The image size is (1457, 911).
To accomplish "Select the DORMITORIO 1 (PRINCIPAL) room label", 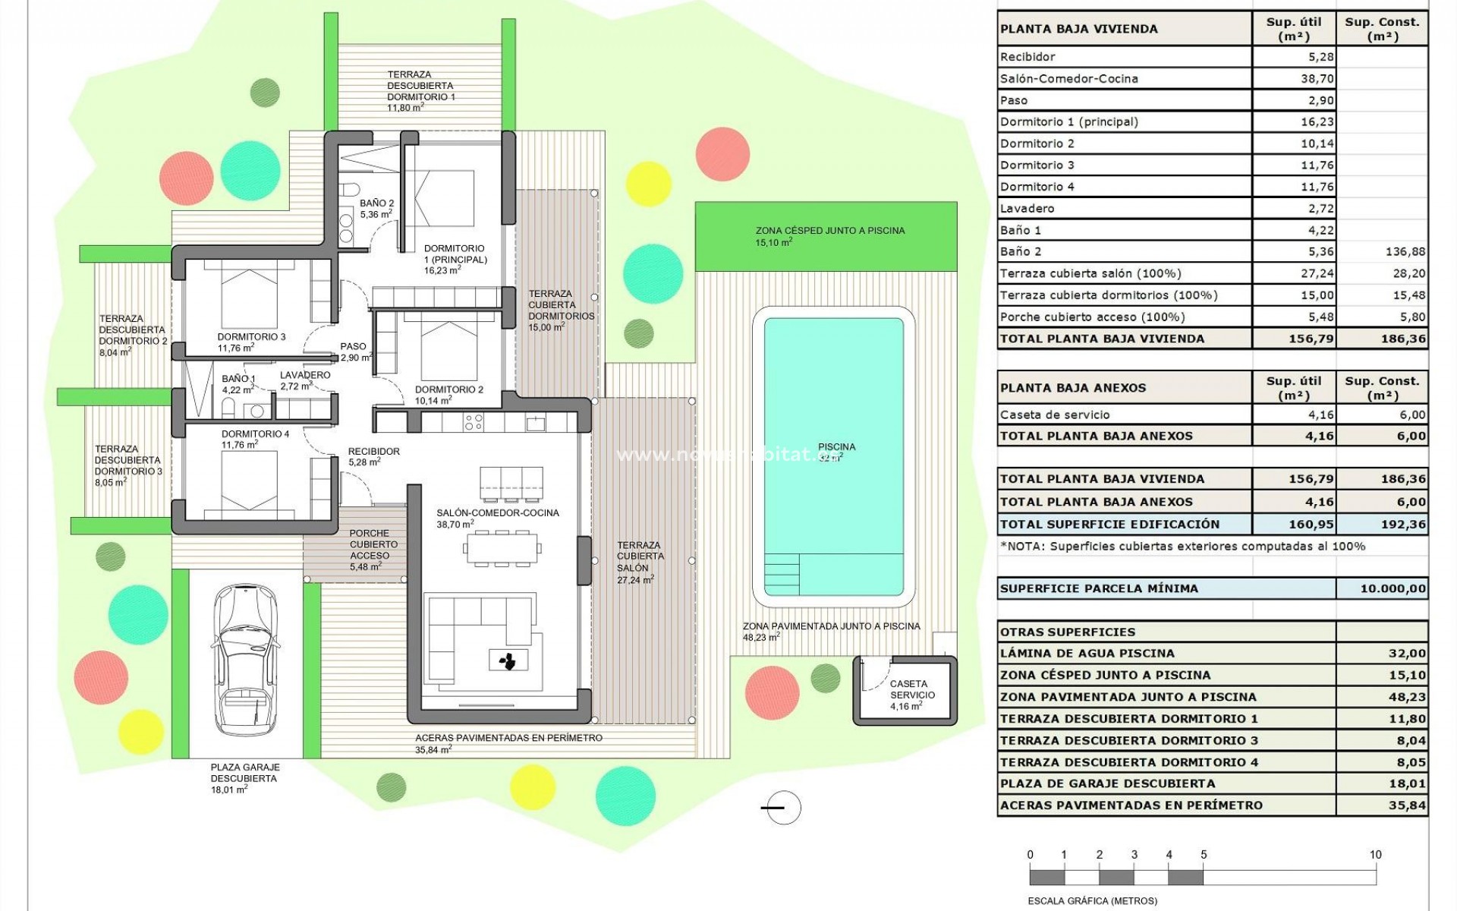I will click(x=455, y=259).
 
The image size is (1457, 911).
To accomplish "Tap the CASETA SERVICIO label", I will click(x=908, y=695).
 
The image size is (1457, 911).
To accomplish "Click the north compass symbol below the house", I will click(x=781, y=808).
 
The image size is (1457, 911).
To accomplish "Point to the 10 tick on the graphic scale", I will click(x=1375, y=855).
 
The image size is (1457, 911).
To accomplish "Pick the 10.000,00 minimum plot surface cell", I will click(x=1381, y=588).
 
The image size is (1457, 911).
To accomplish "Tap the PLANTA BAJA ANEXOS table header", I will click(x=1072, y=388).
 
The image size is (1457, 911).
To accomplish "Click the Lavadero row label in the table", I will click(x=1027, y=208).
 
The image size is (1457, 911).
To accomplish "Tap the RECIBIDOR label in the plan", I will click(x=373, y=452).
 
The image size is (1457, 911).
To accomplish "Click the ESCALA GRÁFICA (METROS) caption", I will click(x=1092, y=901).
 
